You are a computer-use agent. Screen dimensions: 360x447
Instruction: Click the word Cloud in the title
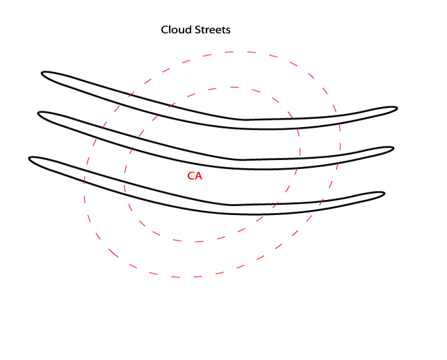[175, 30]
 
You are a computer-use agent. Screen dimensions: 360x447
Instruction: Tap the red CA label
[195, 176]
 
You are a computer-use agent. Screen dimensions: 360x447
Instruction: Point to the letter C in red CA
[191, 176]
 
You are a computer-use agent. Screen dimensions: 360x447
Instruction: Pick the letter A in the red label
[199, 176]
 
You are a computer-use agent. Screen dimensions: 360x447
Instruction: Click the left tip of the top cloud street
[43, 73]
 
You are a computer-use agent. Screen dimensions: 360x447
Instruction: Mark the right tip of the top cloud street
[397, 108]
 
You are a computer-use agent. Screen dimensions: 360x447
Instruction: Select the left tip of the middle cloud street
[39, 114]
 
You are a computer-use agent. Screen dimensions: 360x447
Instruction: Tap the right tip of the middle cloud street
[393, 148]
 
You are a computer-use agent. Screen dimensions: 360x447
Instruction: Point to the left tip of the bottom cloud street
[30, 159]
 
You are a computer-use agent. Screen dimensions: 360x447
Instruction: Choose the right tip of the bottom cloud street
[384, 193]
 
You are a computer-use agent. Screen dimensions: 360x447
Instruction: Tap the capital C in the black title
[165, 30]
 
